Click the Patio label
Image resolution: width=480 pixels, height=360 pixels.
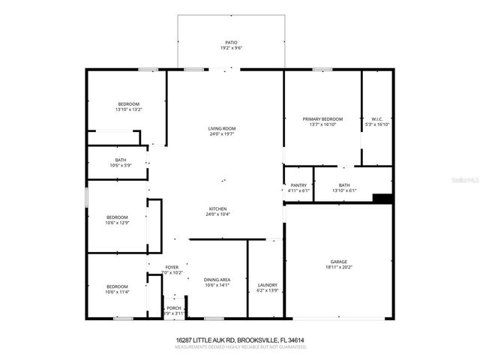tap(232, 43)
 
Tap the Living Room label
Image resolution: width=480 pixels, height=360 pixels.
tap(222, 129)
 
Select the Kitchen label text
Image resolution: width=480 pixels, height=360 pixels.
tap(218, 209)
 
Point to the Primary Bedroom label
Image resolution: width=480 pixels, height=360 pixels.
tap(322, 119)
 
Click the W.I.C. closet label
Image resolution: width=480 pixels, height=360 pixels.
tap(376, 119)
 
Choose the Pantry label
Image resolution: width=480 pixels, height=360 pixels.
tap(298, 185)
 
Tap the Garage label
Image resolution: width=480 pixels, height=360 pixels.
tap(338, 261)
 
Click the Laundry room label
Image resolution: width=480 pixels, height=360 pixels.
tap(268, 285)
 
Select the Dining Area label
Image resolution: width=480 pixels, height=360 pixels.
tap(217, 280)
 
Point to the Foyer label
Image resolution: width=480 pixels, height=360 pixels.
tap(172, 267)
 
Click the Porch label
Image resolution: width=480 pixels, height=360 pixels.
tap(173, 307)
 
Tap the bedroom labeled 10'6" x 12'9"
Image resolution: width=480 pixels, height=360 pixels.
tap(117, 217)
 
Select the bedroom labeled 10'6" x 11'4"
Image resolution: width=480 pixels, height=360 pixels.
tap(117, 286)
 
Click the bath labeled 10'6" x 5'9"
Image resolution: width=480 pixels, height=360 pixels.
tap(120, 160)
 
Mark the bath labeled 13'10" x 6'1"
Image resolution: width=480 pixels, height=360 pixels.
tap(344, 185)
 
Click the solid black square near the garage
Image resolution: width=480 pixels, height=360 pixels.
tap(382, 199)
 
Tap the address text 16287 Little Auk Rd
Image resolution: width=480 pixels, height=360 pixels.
tap(239, 340)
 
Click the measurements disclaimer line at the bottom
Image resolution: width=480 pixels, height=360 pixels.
tap(239, 346)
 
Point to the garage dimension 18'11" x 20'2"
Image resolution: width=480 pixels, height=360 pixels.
tap(338, 266)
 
